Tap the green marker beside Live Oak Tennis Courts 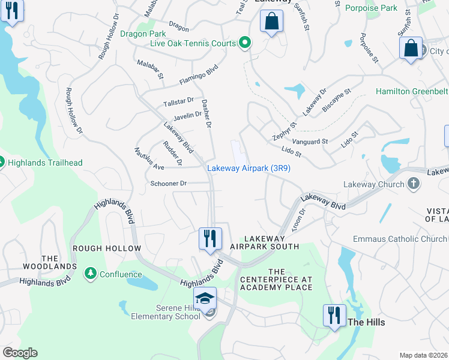coord(244,43)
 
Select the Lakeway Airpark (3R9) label coord(249,169)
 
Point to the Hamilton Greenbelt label coord(412,91)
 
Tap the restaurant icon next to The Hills coord(334,314)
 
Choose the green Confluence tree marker coord(91,274)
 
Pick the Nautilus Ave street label coord(149,158)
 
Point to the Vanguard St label coord(307,142)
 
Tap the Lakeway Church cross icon coord(413,184)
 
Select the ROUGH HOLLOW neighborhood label coord(106,248)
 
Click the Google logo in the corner coord(20,353)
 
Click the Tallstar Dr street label coord(178,102)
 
